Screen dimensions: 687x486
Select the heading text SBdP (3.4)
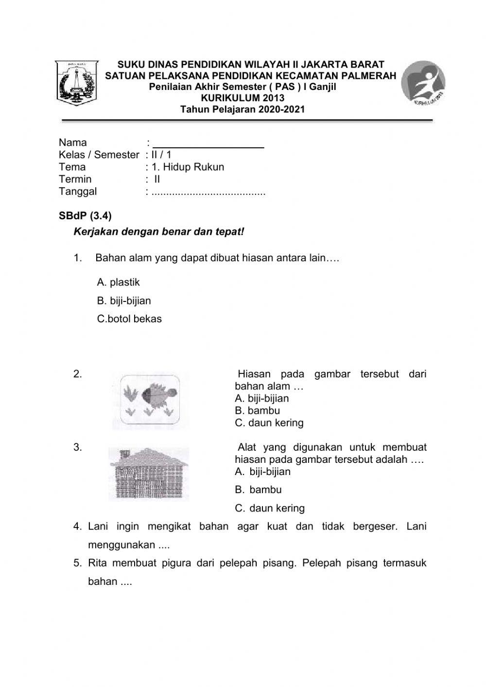point(85,215)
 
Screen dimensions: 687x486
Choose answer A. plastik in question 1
point(118,282)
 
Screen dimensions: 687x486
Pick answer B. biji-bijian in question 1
point(124,301)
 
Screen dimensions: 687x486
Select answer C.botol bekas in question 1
point(129,319)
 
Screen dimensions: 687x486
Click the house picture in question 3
point(148,475)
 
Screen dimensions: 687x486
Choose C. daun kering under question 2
point(269,423)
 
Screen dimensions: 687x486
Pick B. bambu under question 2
point(257,411)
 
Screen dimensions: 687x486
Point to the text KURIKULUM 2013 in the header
point(243,98)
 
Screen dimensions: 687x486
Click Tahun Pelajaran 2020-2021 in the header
point(243,109)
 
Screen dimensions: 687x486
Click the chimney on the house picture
point(124,454)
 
